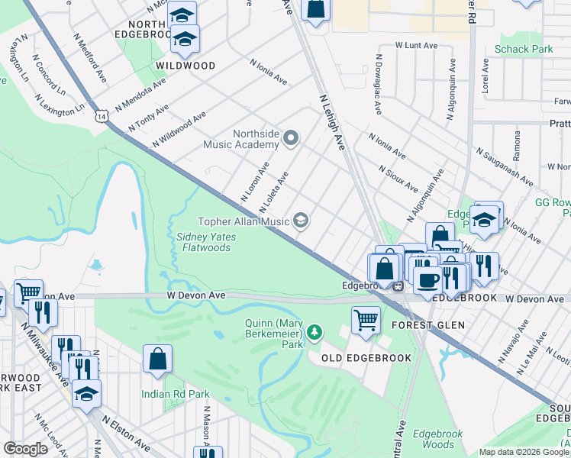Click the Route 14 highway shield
pos(102,115)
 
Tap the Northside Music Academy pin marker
pos(290,138)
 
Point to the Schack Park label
pos(523,50)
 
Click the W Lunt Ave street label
pos(416,46)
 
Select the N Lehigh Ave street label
pos(331,121)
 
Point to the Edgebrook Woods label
pos(438,439)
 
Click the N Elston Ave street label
pos(127,433)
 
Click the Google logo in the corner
pos(26,449)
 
